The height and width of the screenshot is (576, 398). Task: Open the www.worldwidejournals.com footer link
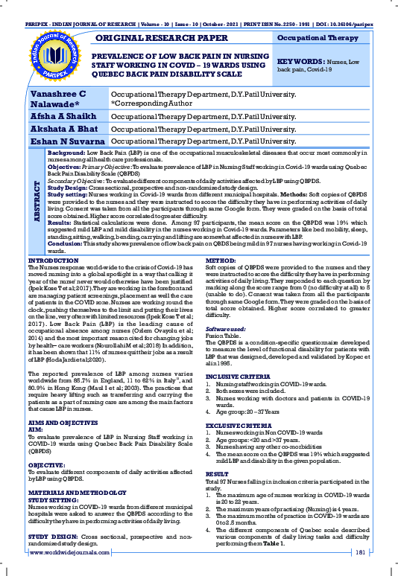tap(70, 552)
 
